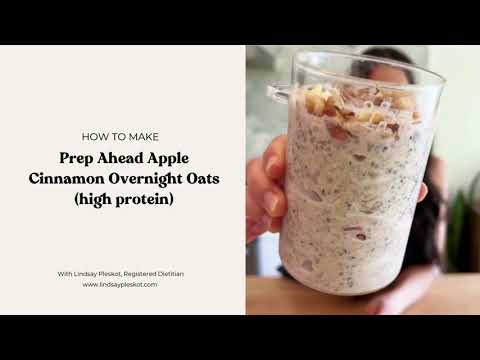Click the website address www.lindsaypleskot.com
point(120,284)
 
